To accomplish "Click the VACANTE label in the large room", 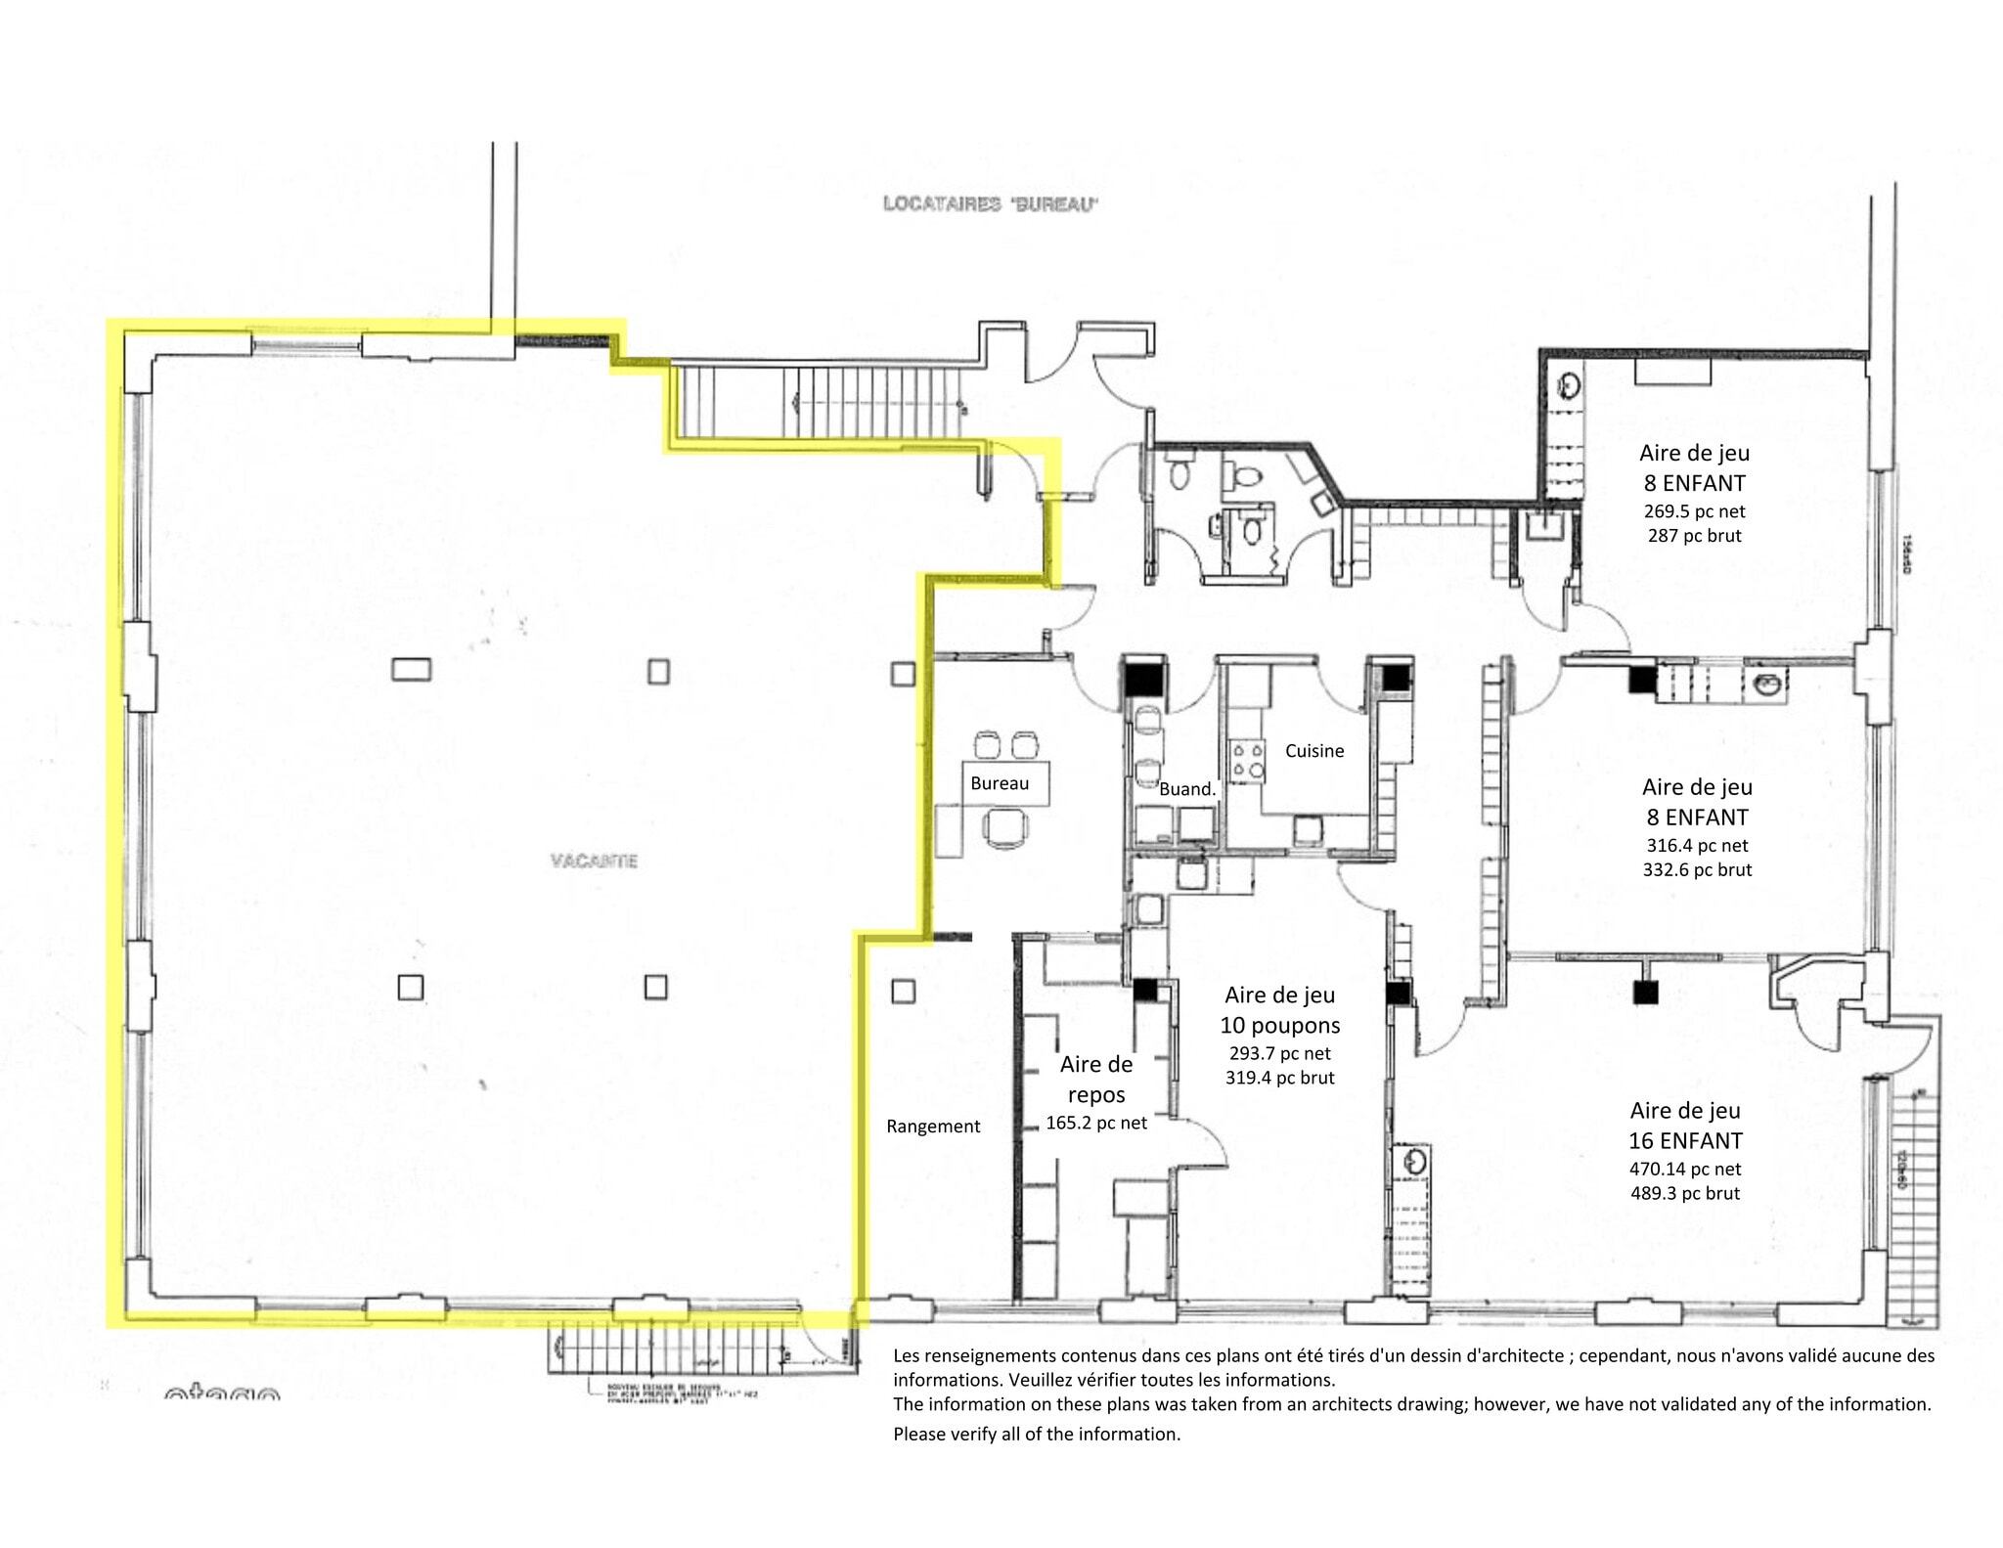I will tap(594, 861).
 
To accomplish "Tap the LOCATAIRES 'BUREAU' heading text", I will tap(990, 203).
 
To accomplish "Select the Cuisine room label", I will tap(1313, 750).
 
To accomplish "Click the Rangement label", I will tap(933, 1126).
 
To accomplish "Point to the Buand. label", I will tap(1186, 789).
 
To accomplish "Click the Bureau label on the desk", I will tap(999, 783).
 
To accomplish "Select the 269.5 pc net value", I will tap(1694, 511).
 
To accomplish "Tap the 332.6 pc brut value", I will tap(1697, 869).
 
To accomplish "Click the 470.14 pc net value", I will tap(1684, 1169).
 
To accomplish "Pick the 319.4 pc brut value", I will tap(1279, 1078).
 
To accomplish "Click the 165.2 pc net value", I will tap(1095, 1123).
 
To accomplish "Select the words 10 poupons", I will tap(1279, 1025).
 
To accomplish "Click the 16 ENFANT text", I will tap(1684, 1140).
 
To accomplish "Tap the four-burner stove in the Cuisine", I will tap(1247, 761).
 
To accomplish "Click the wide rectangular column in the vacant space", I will tap(411, 669).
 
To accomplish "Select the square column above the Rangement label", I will tap(903, 991).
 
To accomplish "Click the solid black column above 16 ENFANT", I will tap(1646, 993).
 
